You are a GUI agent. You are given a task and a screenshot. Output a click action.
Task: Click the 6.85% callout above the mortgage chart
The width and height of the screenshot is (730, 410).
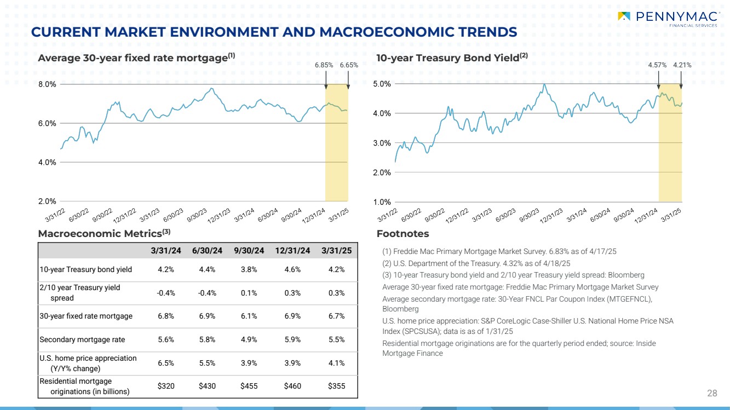click(x=324, y=65)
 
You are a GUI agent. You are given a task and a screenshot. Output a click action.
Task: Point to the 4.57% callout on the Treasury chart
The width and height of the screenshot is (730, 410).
click(x=657, y=65)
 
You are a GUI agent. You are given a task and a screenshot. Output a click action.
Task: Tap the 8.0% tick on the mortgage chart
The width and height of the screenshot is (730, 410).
click(x=48, y=84)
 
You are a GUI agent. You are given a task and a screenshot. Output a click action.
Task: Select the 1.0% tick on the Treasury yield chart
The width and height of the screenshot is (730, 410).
click(x=382, y=202)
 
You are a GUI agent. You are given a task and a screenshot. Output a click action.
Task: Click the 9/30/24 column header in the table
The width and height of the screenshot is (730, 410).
click(x=249, y=250)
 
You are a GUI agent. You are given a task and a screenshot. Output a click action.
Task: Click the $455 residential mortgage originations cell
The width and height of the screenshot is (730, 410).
click(x=249, y=386)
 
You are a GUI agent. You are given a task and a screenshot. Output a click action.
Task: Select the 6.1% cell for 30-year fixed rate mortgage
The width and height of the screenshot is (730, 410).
click(x=249, y=316)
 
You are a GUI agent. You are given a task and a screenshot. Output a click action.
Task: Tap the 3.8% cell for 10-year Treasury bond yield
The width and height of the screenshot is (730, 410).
click(x=249, y=269)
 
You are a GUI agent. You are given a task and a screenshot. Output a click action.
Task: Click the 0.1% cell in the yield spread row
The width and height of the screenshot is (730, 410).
click(x=249, y=293)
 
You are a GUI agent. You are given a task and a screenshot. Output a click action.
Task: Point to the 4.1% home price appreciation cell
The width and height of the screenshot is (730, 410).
click(x=336, y=362)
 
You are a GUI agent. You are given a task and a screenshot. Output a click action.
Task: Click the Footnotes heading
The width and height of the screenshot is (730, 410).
click(x=403, y=234)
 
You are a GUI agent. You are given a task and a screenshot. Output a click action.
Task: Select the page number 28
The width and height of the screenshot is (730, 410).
click(x=712, y=393)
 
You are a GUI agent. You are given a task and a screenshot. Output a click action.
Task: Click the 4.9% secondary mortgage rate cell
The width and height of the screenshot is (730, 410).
click(x=249, y=339)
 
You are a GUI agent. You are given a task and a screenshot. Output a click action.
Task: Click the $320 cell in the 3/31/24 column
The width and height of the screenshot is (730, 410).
click(x=166, y=386)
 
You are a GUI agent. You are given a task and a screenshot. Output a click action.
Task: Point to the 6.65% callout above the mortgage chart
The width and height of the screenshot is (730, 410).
click(x=349, y=65)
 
